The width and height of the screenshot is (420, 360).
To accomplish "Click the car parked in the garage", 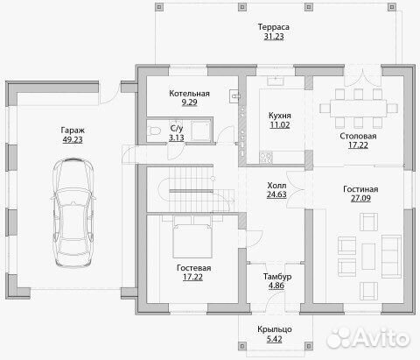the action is point(73,212).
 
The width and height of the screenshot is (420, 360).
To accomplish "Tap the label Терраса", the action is point(274,27).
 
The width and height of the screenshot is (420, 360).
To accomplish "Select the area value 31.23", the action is point(274,37).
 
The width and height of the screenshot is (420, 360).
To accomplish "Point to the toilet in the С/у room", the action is point(154,131).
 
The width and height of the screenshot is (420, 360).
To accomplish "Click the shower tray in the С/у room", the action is point(200,131).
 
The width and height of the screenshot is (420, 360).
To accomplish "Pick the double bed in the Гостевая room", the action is point(192,236).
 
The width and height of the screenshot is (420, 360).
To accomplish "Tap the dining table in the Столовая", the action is point(359,109).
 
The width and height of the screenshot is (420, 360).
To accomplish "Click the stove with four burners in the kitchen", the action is point(266,158).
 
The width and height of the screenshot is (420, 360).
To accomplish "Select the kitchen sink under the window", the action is point(276,81).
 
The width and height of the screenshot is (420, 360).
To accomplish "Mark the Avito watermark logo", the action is point(368,338).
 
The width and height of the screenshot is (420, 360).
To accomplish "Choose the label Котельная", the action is point(189,94).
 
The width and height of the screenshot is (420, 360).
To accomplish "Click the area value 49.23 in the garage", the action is point(73,139).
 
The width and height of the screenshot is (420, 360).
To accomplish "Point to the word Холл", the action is point(276,186).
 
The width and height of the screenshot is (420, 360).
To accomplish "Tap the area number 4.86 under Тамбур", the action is point(276,286).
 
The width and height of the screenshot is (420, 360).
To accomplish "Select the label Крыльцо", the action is point(275,329).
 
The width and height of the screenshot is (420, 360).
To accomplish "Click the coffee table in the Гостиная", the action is point(368,257).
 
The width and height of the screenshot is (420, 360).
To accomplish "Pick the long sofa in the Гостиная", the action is point(391,257).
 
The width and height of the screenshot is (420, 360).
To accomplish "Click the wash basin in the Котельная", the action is point(234,95).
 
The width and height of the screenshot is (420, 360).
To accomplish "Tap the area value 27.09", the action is point(360,198).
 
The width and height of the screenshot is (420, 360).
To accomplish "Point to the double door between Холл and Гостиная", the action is point(296,189).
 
